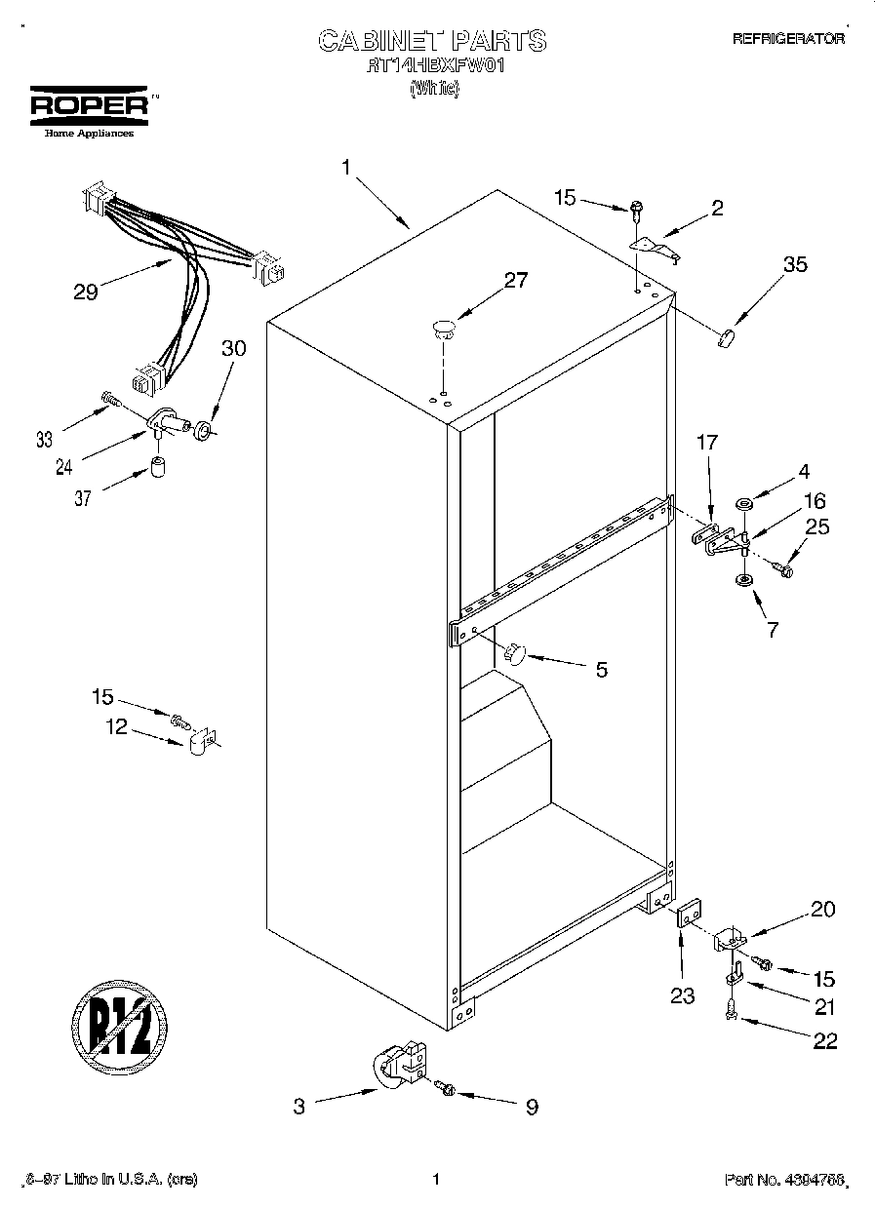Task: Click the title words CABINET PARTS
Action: [x=432, y=40]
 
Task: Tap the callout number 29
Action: [x=86, y=291]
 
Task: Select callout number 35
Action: [x=795, y=263]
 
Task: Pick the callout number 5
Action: [x=601, y=669]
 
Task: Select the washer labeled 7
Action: [x=744, y=581]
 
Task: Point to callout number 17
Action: [x=706, y=443]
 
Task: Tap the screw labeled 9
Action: [x=447, y=1086]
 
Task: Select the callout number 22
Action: [x=824, y=1041]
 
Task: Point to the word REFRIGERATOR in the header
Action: [x=787, y=39]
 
